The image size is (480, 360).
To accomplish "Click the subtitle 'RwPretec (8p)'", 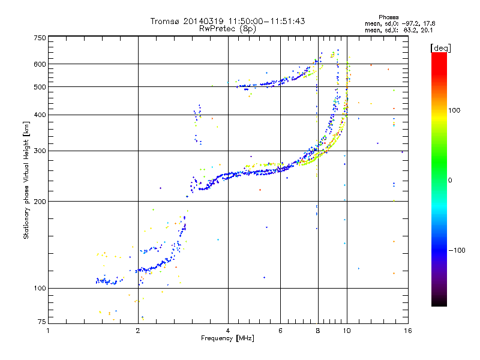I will pyautogui.click(x=227, y=28).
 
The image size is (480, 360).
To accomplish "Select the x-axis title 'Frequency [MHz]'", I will pyautogui.click(x=227, y=339).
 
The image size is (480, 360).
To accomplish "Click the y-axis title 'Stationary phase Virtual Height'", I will pyautogui.click(x=26, y=180).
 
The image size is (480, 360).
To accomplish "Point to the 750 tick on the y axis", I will pyautogui.click(x=40, y=38).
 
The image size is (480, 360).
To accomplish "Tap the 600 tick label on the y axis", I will pyautogui.click(x=40, y=64).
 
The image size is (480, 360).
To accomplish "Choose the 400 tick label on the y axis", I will pyautogui.click(x=40, y=115).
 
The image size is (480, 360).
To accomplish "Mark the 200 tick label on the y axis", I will pyautogui.click(x=40, y=201).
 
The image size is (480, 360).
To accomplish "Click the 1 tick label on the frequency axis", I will pyautogui.click(x=48, y=331).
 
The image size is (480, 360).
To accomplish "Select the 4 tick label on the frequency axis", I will pyautogui.click(x=228, y=331).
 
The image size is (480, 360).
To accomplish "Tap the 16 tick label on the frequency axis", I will pyautogui.click(x=407, y=331).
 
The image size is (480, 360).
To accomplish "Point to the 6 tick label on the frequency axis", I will pyautogui.click(x=280, y=331).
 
